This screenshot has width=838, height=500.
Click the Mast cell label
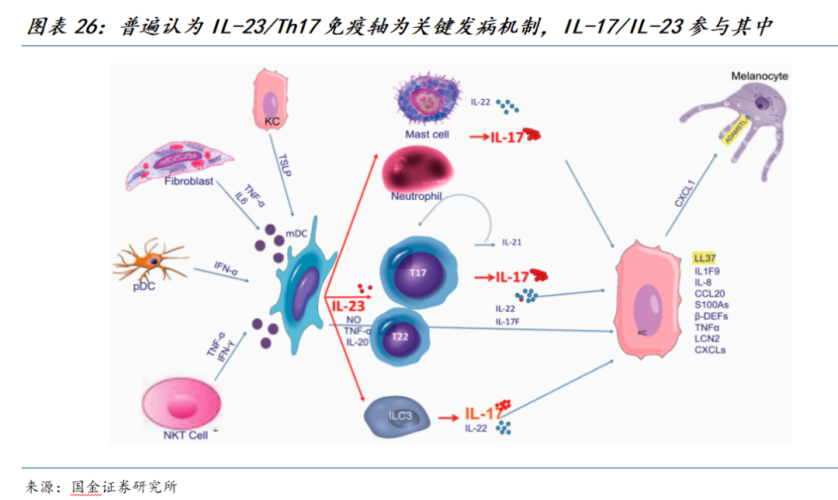[427, 134]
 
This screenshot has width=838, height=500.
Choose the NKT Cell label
[185, 435]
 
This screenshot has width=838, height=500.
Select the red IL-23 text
[348, 305]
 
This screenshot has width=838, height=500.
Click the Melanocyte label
[760, 76]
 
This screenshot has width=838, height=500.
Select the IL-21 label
[511, 242]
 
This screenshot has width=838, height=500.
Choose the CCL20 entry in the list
[710, 294]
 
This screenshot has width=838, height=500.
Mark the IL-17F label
[509, 321]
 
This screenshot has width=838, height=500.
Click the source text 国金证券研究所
[124, 487]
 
